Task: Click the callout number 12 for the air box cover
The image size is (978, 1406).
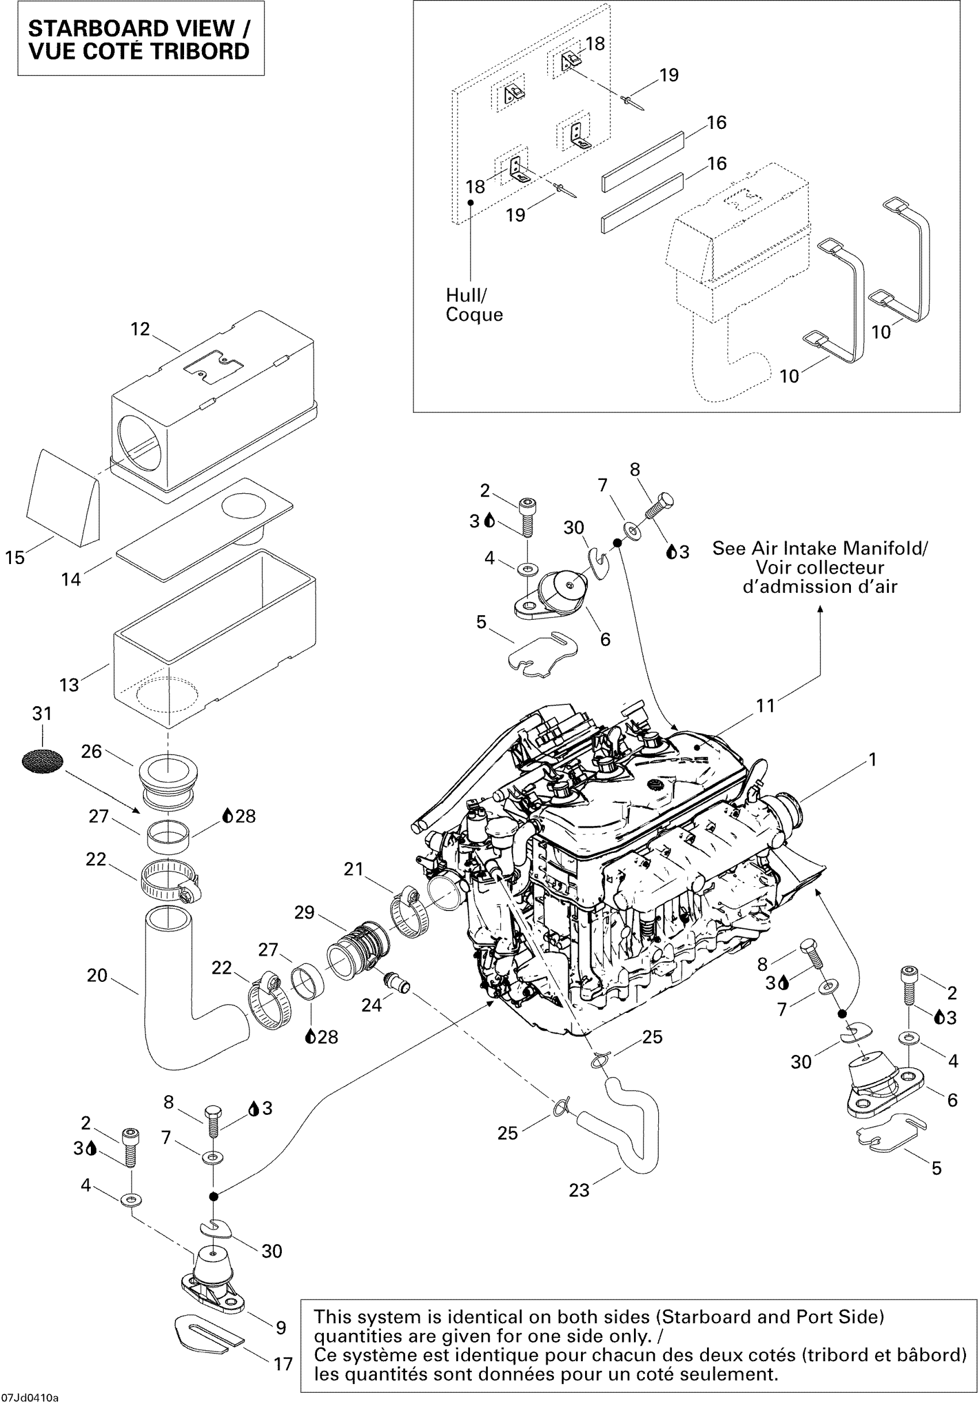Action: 140,329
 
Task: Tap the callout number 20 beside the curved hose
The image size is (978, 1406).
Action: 97,975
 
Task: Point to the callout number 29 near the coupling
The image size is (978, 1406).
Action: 304,912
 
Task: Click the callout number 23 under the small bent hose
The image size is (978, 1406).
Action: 579,1190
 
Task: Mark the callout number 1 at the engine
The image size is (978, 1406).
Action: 873,759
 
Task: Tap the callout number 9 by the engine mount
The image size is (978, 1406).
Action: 281,1327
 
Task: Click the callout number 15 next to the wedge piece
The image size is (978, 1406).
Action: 15,557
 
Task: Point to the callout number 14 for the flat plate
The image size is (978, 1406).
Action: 71,579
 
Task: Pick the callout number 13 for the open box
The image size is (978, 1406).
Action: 69,685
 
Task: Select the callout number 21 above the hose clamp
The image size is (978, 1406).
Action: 354,868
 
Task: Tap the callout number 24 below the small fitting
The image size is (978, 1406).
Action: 372,1005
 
